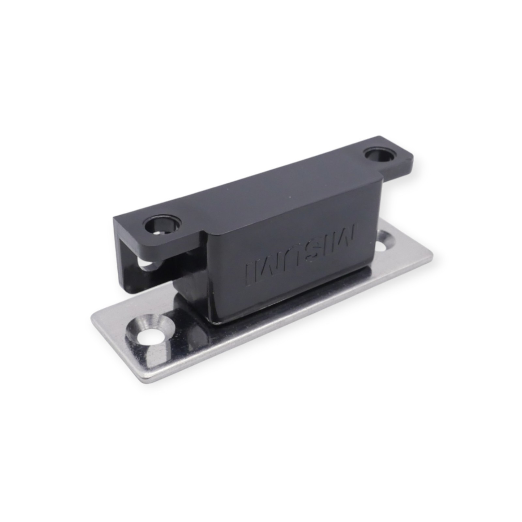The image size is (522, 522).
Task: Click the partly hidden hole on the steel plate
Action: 387,242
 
